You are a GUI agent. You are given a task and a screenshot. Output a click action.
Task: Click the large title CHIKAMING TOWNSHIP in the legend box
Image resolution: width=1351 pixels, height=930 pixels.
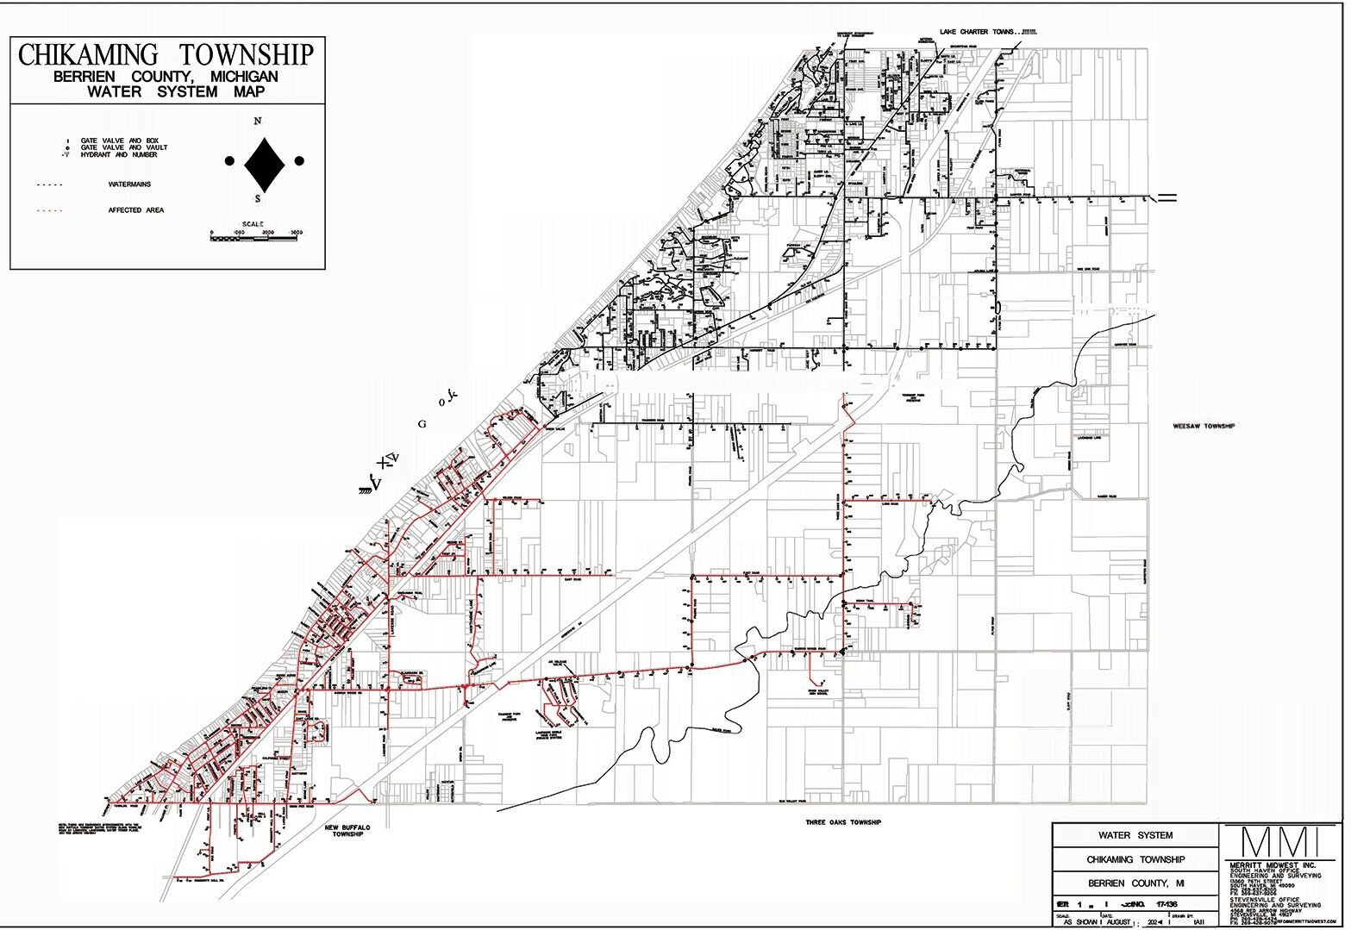click(x=166, y=55)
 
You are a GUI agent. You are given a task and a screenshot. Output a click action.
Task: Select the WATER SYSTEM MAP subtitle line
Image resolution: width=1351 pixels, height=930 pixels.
click(x=166, y=91)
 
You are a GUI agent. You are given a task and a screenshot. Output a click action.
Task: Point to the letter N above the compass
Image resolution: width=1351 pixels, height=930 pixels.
click(x=257, y=122)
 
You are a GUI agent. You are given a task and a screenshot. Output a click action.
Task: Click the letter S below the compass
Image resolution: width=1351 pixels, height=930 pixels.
click(x=257, y=199)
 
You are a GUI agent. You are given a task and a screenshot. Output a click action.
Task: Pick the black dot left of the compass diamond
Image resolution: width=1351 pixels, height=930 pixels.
click(x=229, y=160)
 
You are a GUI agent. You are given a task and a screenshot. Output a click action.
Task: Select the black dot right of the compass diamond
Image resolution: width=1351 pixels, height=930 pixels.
click(x=299, y=160)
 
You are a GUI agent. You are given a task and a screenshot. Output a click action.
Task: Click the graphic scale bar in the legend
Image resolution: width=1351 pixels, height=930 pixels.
click(x=256, y=238)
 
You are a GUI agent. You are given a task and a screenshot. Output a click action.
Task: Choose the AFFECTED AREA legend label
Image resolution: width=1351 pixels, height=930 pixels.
click(x=135, y=210)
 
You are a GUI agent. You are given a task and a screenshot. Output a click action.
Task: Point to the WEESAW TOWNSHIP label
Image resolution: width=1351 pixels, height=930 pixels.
click(x=1204, y=427)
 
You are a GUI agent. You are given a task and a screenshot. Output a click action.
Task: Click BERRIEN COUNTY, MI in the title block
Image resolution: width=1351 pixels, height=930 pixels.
click(x=1135, y=884)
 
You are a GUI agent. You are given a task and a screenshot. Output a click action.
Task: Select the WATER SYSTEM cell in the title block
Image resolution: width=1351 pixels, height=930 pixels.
click(x=1135, y=835)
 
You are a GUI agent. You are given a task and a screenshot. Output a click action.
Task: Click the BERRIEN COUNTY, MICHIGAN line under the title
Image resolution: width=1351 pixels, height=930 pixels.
click(x=166, y=77)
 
